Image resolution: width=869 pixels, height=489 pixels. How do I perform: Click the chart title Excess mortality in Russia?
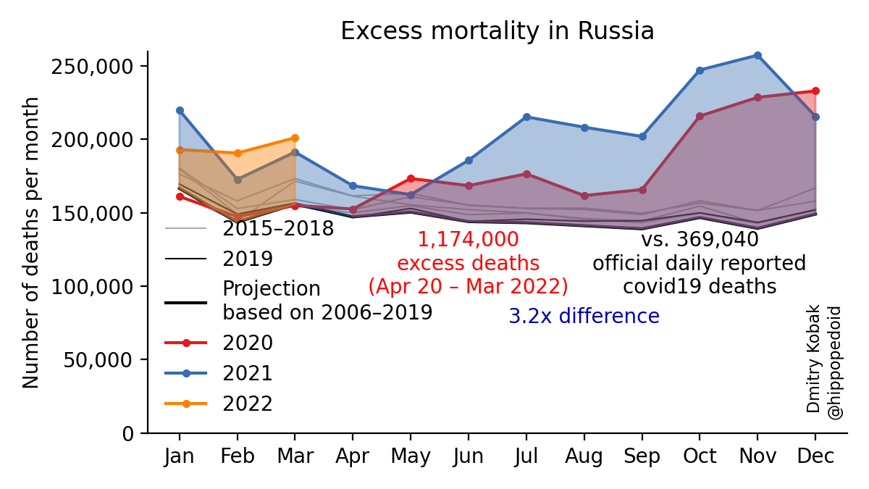point(497,31)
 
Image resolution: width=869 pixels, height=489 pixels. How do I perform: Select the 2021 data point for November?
point(757,55)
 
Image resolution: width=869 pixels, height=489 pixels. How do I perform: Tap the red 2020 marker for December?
point(815,91)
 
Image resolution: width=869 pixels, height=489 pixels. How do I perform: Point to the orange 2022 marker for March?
point(295,138)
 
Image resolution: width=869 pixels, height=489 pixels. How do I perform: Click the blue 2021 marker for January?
point(180,110)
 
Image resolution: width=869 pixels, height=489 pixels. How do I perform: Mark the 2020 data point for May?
point(411,178)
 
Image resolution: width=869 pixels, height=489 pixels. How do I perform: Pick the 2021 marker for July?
point(526,117)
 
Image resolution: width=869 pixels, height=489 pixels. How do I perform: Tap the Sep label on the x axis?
point(642,456)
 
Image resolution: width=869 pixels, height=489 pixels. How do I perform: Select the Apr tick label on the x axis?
point(353,456)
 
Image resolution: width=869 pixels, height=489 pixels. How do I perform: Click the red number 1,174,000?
point(468,240)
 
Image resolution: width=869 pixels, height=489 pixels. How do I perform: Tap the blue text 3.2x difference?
point(584,317)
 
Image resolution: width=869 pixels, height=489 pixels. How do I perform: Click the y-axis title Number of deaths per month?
point(31,242)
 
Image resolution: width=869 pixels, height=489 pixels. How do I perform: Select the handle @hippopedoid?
point(834,362)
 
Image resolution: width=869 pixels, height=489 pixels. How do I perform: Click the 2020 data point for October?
point(700,116)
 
